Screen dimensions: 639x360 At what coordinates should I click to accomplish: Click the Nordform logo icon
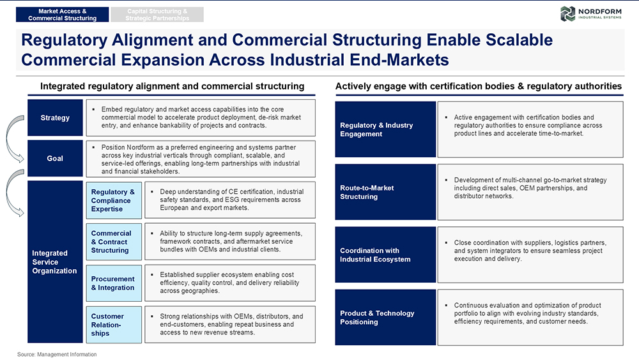click(x=567, y=14)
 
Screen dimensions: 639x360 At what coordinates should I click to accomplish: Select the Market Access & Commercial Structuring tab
click(x=63, y=15)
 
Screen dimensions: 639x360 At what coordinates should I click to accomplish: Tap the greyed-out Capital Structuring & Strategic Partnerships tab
click(x=157, y=15)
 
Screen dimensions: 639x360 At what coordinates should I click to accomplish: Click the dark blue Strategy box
click(x=55, y=118)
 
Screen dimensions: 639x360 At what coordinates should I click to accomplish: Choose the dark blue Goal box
click(x=55, y=159)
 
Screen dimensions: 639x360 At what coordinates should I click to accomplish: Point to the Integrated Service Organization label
click(x=54, y=262)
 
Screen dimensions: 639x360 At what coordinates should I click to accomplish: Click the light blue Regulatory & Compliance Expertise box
click(x=114, y=200)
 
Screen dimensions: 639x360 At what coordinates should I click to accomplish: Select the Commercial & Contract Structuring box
click(x=114, y=242)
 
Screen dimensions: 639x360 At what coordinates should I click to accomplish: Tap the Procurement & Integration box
click(x=114, y=283)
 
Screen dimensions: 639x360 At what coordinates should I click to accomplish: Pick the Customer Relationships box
click(x=114, y=325)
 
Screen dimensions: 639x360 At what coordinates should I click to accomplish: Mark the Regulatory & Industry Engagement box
click(x=385, y=129)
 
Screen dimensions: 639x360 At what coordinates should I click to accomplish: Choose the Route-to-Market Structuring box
click(x=385, y=192)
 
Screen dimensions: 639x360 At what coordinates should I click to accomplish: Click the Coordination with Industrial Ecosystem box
click(x=385, y=254)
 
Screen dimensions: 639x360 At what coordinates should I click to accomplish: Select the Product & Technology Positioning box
click(x=385, y=318)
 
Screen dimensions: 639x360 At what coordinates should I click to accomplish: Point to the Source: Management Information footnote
click(x=57, y=355)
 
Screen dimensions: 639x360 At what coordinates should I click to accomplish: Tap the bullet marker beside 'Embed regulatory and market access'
click(x=94, y=109)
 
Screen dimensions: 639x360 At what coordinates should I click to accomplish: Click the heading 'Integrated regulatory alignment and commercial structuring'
click(x=173, y=86)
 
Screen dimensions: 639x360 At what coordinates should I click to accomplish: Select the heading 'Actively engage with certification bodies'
click(x=479, y=86)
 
